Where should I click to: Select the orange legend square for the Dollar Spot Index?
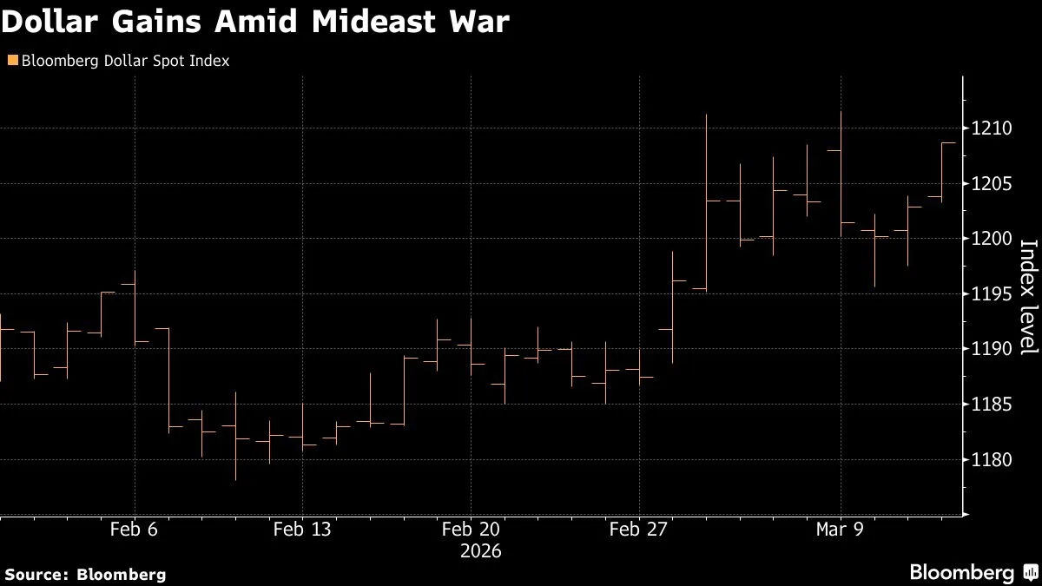coord(11,61)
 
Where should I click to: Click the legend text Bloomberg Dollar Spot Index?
coord(124,62)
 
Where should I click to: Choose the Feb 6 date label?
coord(134,529)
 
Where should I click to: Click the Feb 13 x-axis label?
coord(301,529)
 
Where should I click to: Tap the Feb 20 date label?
coord(471,529)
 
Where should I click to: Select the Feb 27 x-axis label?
coord(638,529)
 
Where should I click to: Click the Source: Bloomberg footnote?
coord(84,574)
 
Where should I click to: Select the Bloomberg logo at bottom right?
coord(973,572)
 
